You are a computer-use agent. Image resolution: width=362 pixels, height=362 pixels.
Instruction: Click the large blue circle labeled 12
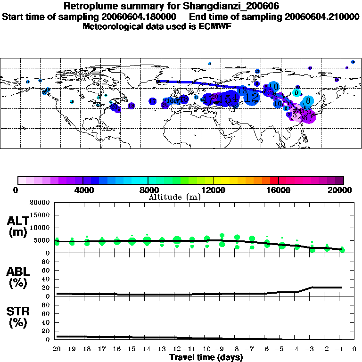(252, 98)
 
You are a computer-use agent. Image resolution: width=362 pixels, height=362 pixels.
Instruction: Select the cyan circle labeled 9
(296, 92)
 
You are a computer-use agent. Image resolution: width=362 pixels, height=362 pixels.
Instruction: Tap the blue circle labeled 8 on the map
(308, 100)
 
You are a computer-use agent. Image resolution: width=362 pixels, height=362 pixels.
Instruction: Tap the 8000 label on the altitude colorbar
(148, 190)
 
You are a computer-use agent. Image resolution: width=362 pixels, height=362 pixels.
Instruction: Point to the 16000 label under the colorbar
(279, 190)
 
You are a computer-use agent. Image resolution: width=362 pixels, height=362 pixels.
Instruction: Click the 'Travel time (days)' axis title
(206, 357)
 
